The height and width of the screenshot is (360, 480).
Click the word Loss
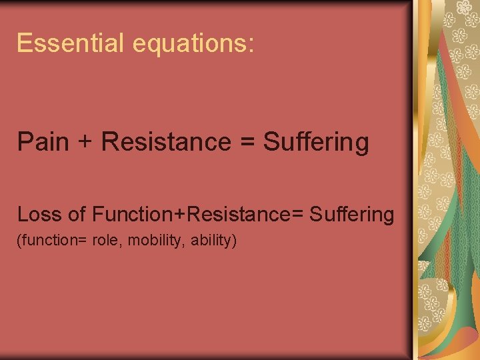tap(39, 215)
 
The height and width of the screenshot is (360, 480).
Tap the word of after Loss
tap(77, 215)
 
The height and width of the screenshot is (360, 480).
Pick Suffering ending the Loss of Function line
tap(352, 215)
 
